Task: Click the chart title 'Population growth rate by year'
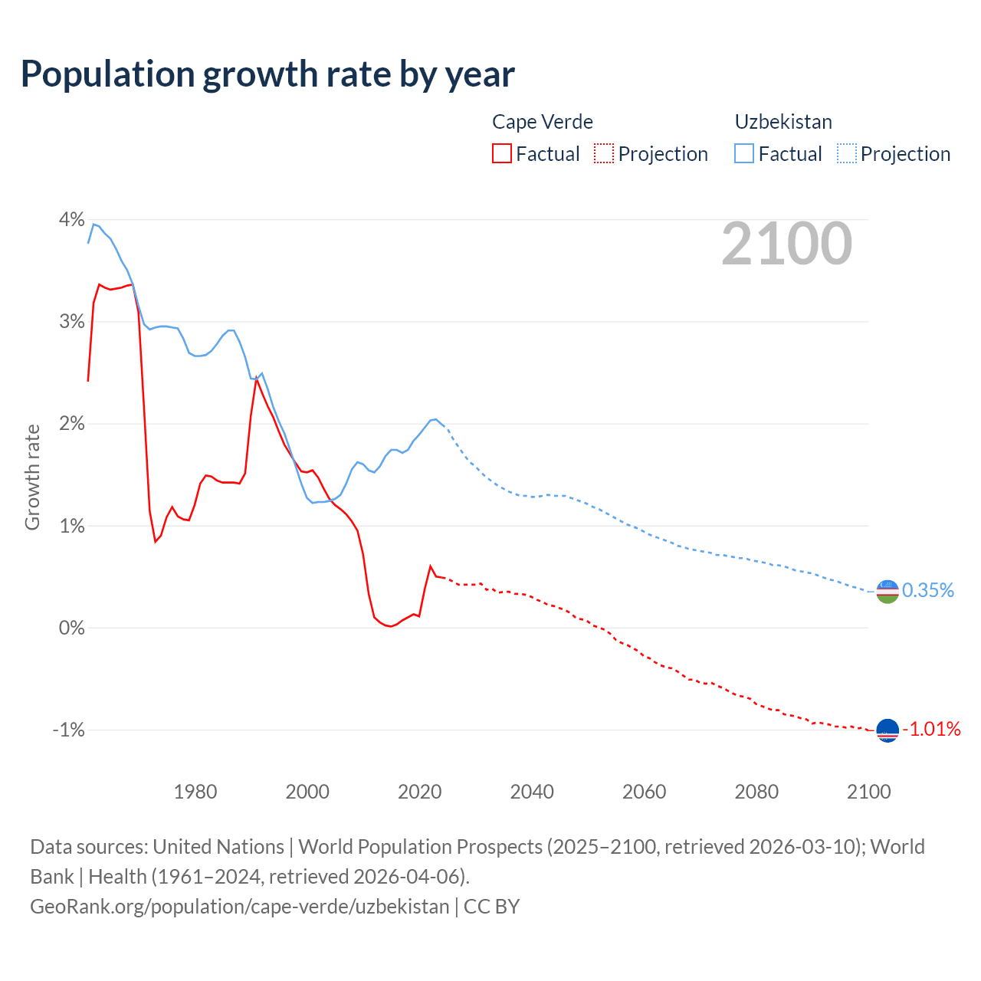coord(267,74)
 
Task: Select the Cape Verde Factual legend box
coord(501,154)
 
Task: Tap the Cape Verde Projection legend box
coord(604,154)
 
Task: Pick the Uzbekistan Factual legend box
coord(743,154)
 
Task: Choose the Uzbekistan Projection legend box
coord(846,154)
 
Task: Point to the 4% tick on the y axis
coord(71,220)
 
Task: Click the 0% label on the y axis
coord(71,628)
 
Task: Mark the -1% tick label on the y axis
coord(68,730)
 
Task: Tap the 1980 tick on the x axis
coord(195,792)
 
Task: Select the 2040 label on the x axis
coord(532,792)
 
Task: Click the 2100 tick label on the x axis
coord(868,792)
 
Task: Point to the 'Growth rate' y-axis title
coord(32,477)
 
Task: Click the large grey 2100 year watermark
coord(786,244)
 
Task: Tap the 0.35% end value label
coord(927,590)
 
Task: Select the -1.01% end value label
coord(931,729)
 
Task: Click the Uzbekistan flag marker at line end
coord(887,591)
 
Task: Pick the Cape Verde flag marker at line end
coord(887,730)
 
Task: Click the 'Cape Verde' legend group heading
coord(542,122)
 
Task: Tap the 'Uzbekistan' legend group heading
coord(783,122)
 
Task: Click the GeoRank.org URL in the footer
coord(239,907)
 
